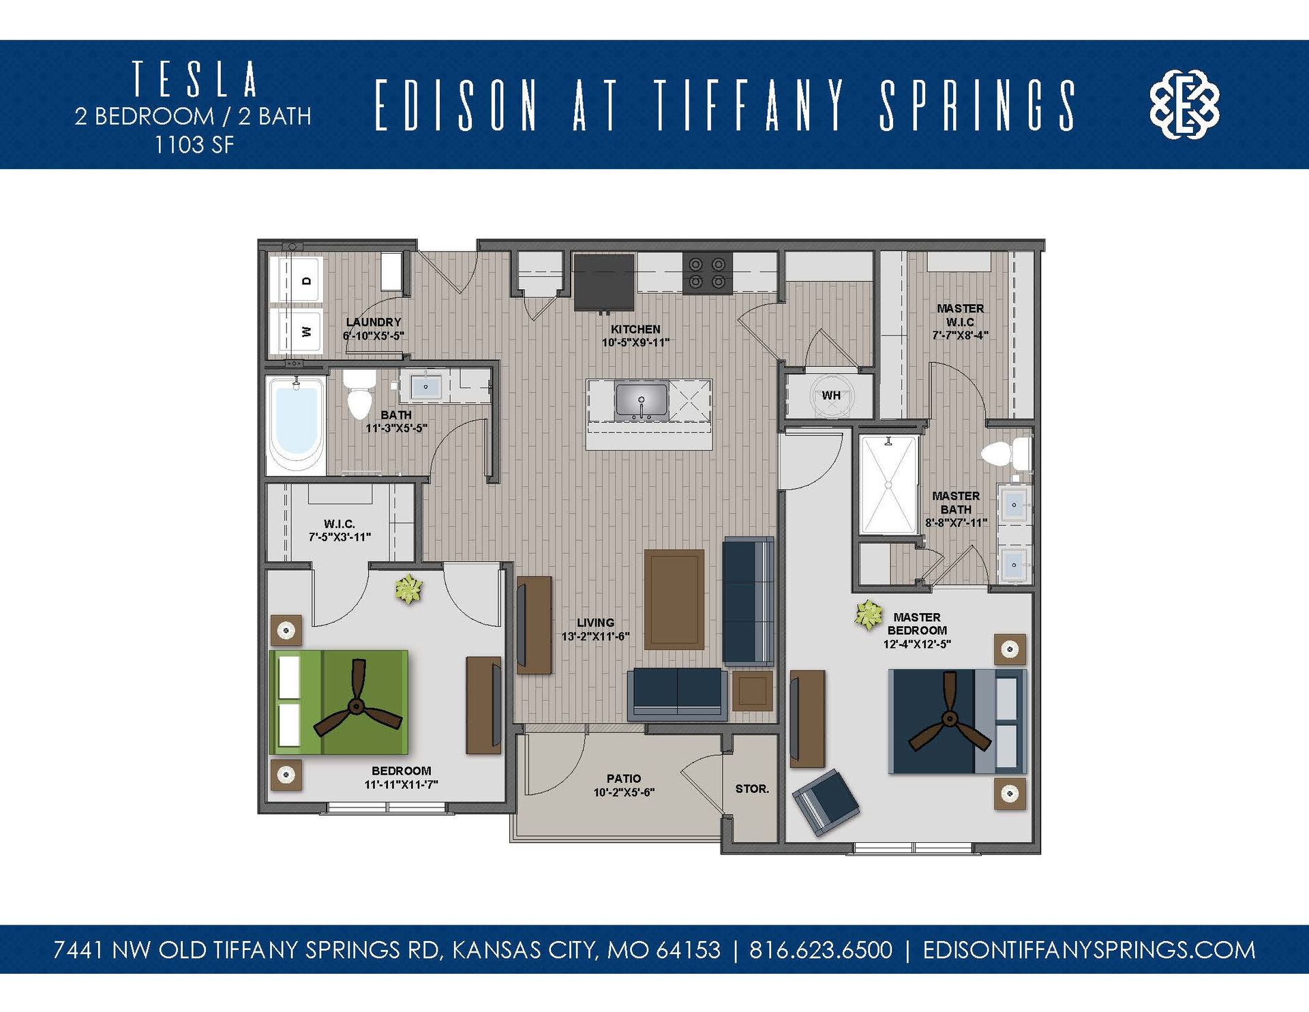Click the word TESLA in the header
(195, 79)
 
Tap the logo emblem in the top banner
(1184, 104)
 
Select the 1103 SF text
(194, 145)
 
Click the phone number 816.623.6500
(820, 950)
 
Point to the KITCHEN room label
(635, 329)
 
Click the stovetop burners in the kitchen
(707, 273)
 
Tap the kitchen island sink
(641, 400)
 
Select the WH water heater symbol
(831, 396)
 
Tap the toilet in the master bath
(1005, 453)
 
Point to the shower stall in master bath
(888, 485)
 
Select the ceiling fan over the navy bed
(948, 719)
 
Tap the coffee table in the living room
(674, 599)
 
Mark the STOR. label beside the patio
(751, 789)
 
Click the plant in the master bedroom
(868, 614)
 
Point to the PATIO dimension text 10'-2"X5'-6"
(624, 792)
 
